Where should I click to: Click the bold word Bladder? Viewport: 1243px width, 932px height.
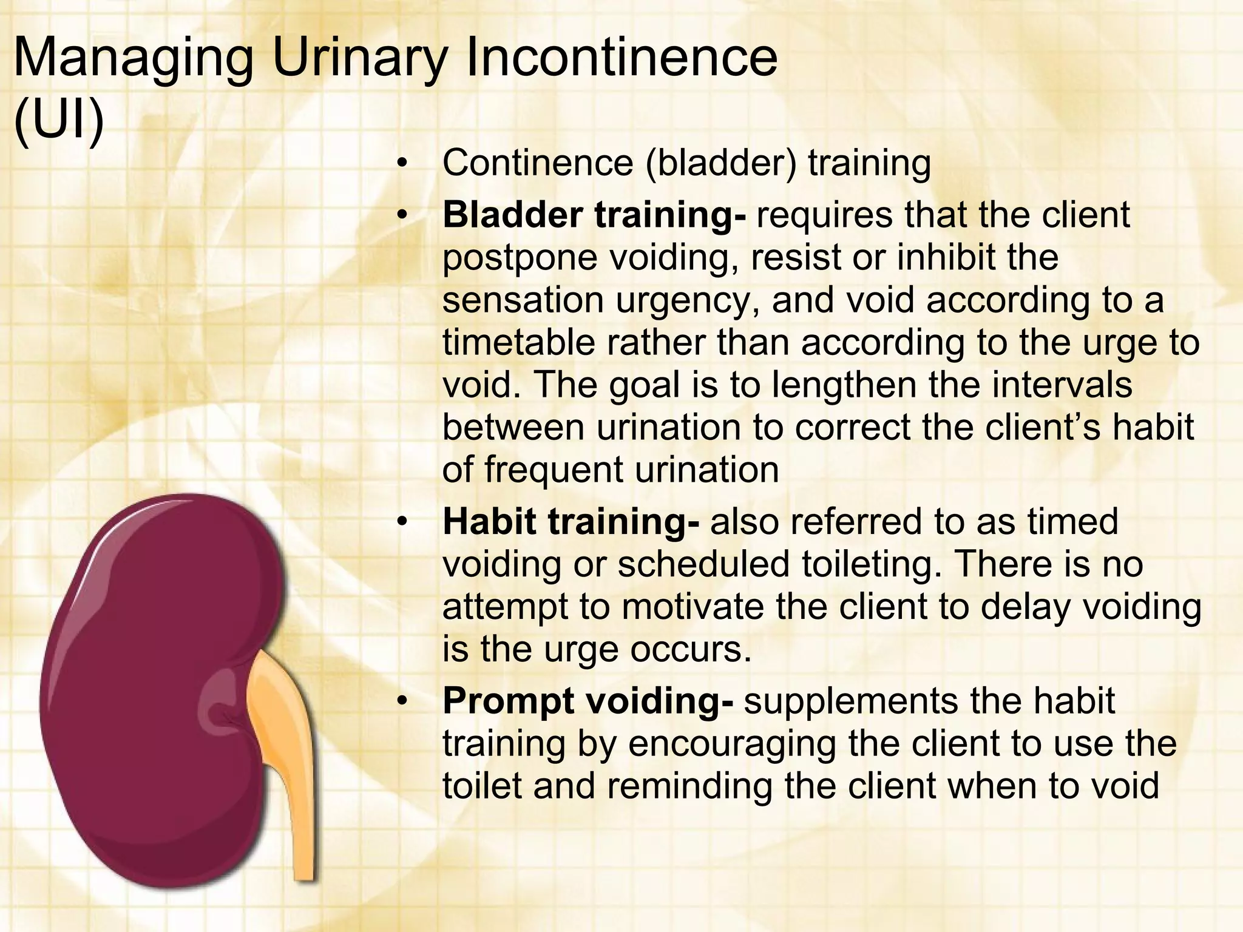pyautogui.click(x=512, y=215)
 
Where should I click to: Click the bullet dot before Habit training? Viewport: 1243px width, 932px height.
pyautogui.click(x=401, y=522)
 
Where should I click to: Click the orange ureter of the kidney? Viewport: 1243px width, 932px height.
pyautogui.click(x=285, y=758)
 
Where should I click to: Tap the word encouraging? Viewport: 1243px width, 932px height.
pyautogui.click(x=732, y=745)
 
